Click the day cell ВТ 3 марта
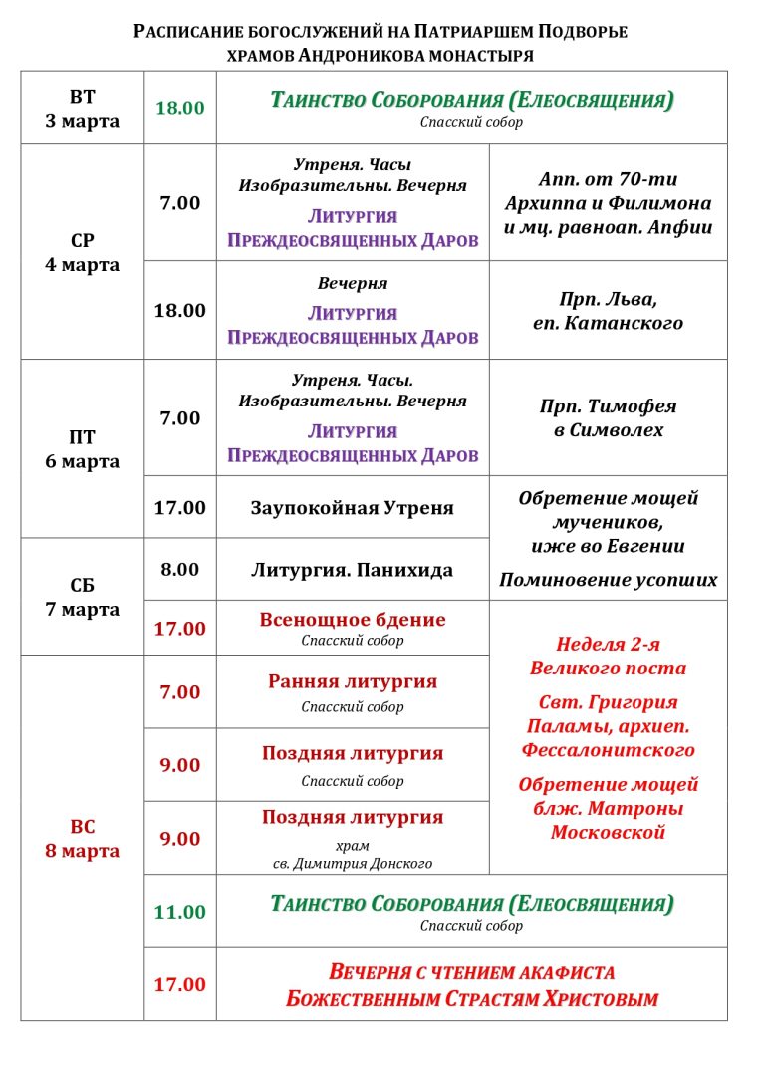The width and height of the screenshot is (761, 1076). [x=82, y=109]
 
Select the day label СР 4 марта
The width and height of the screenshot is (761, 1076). [x=82, y=253]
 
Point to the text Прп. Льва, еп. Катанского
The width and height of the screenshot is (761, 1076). [x=608, y=311]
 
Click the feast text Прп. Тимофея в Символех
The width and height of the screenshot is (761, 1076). [x=608, y=418]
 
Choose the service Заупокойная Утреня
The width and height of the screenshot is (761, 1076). [x=352, y=508]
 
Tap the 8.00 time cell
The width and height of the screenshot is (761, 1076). [x=179, y=570]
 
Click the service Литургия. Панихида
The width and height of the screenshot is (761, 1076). [x=352, y=571]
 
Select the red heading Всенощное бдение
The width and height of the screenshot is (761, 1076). [x=352, y=620]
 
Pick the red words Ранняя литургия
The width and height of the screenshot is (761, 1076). [x=352, y=682]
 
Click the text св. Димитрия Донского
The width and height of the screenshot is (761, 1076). [x=352, y=864]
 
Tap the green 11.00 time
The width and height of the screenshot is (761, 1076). [x=179, y=912]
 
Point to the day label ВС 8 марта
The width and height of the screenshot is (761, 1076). [x=82, y=839]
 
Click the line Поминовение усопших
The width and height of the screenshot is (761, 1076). [x=608, y=580]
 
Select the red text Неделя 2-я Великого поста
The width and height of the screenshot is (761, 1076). [x=608, y=656]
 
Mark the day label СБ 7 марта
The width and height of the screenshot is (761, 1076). [x=82, y=597]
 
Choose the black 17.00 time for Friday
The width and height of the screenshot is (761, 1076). [x=179, y=508]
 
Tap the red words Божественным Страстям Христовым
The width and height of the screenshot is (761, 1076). [x=471, y=998]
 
